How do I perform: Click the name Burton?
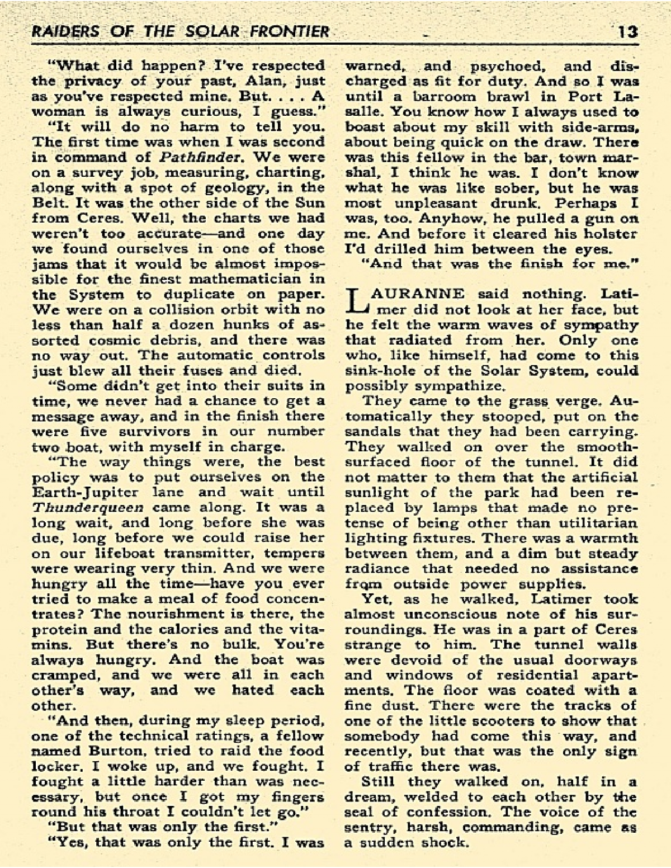pyautogui.click(x=104, y=751)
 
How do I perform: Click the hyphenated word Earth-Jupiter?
pyautogui.click(x=86, y=493)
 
